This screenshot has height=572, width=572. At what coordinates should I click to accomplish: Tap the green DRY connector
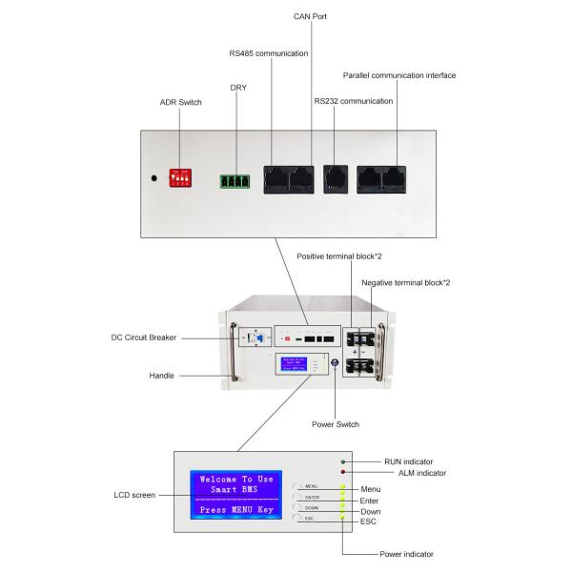[x=234, y=180]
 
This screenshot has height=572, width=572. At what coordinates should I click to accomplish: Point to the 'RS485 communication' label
[x=268, y=53]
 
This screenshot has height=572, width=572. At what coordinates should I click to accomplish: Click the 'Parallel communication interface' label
[x=398, y=75]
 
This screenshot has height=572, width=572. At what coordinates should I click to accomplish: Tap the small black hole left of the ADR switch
[x=154, y=178]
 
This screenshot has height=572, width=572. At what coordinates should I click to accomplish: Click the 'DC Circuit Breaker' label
[x=144, y=337]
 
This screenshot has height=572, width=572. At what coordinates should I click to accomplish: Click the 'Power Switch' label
[x=335, y=425]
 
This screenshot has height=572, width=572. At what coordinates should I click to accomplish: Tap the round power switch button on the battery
[x=335, y=362]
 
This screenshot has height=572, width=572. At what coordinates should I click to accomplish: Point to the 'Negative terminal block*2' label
[x=406, y=283]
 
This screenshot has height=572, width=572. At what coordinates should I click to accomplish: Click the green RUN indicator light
[x=342, y=461]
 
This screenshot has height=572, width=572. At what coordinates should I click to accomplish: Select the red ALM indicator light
[x=342, y=472]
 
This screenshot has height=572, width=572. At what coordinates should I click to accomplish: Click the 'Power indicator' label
[x=405, y=553]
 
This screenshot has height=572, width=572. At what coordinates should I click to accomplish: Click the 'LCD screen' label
[x=133, y=495]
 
